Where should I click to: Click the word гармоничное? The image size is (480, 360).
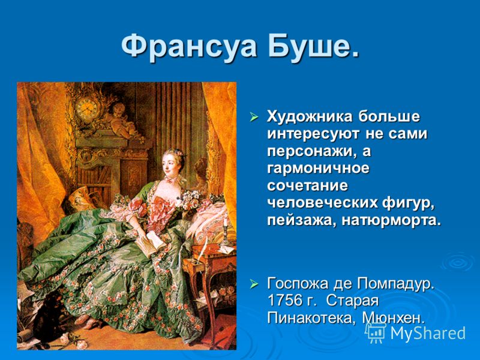(319, 169)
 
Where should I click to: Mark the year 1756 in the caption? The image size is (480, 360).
(284, 301)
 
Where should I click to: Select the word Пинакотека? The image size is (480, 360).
(311, 318)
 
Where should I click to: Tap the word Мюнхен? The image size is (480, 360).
(394, 318)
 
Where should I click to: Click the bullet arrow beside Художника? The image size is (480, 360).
(254, 116)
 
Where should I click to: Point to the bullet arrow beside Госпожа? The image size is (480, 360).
(254, 284)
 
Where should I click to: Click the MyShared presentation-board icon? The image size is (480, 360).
(376, 333)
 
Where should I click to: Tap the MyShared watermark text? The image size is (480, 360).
(428, 333)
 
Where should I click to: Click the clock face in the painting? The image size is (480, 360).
(86, 109)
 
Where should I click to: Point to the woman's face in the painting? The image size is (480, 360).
(170, 163)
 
